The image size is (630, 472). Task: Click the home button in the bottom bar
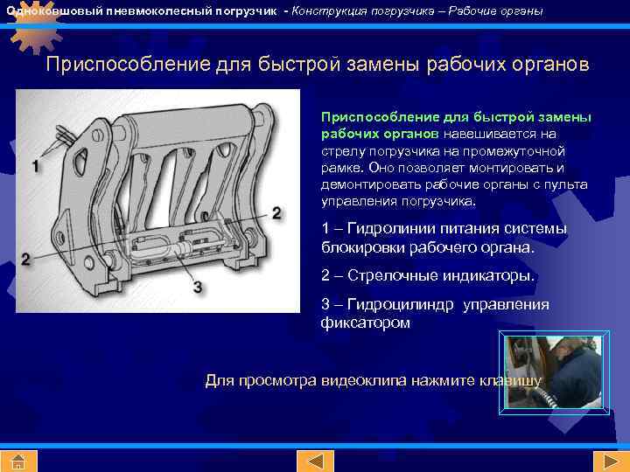point(18,461)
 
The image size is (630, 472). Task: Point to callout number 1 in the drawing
point(36,165)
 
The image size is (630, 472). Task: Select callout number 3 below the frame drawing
point(198,287)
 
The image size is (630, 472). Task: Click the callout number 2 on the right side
point(276,212)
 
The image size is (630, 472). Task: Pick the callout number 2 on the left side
point(25,260)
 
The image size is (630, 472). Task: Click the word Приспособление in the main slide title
point(126,66)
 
